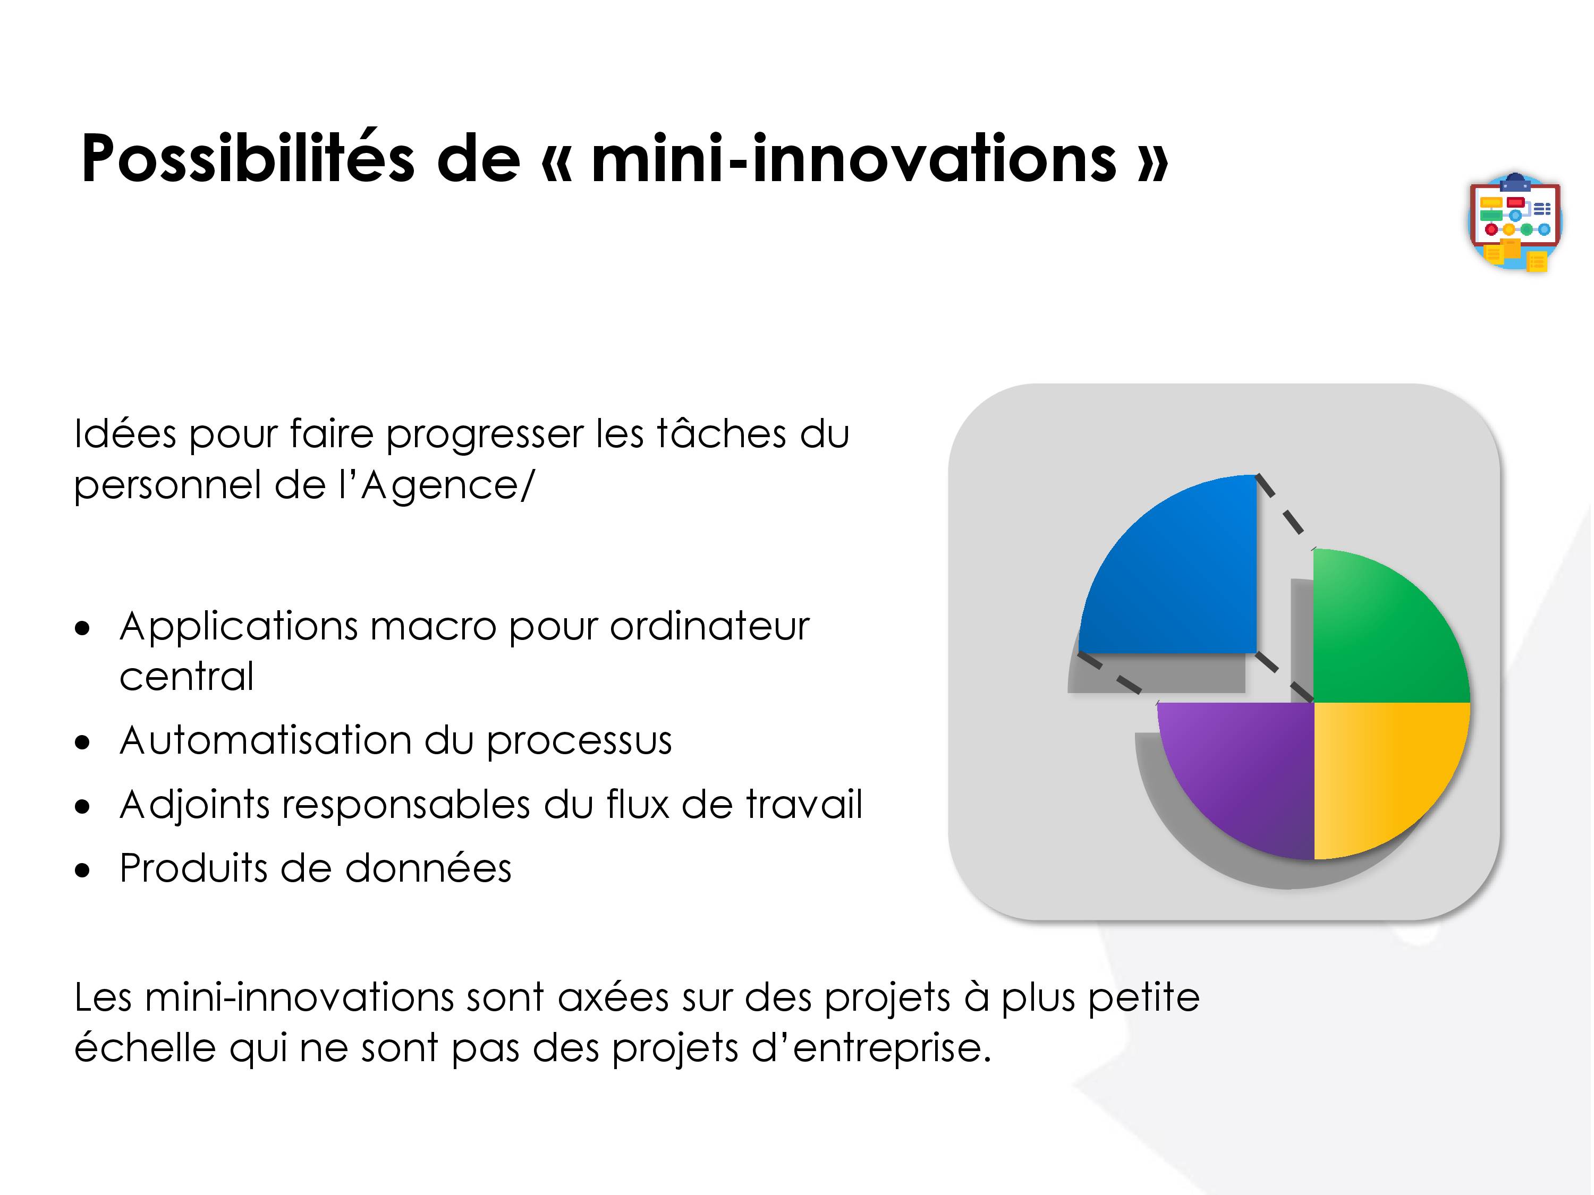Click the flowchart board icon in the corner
click(x=1515, y=222)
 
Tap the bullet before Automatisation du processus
click(x=83, y=742)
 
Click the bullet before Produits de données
click(x=83, y=870)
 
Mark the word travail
click(x=804, y=804)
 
